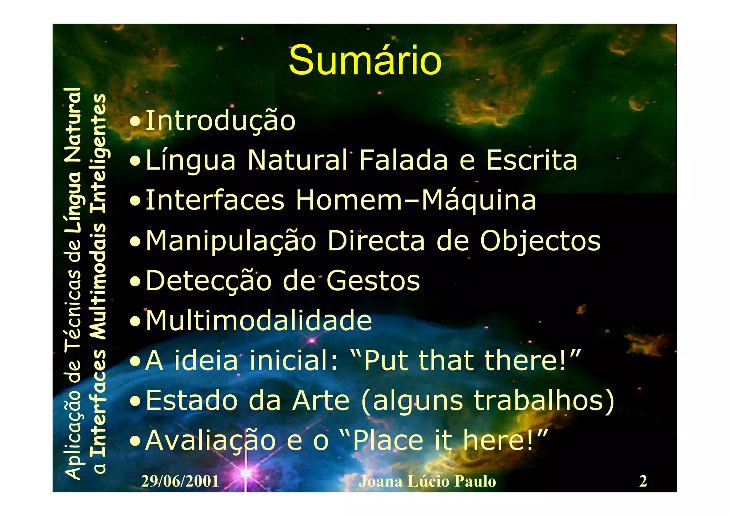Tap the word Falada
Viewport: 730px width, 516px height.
point(403,160)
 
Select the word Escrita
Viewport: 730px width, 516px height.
point(531,160)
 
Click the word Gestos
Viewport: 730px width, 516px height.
point(373,281)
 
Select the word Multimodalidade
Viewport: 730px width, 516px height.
point(259,321)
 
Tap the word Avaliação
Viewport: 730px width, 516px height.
point(210,441)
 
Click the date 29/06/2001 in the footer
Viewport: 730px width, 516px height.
point(180,481)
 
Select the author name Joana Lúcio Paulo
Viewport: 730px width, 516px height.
point(427,481)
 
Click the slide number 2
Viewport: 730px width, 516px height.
point(643,481)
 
